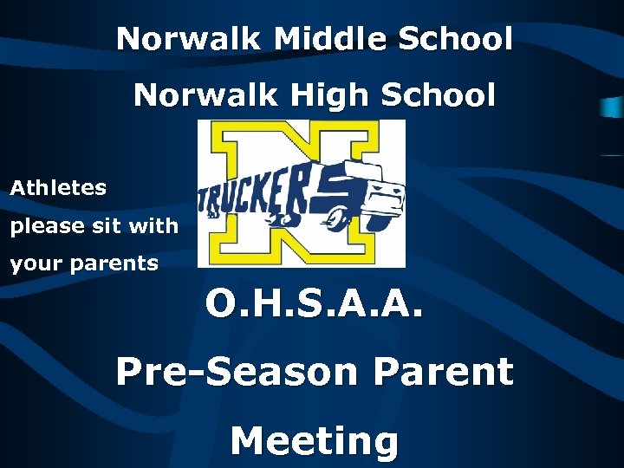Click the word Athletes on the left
click(x=58, y=187)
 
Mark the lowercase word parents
click(x=114, y=263)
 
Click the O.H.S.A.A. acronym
click(x=315, y=302)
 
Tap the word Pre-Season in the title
click(x=237, y=372)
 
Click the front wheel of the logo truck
click(x=379, y=222)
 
